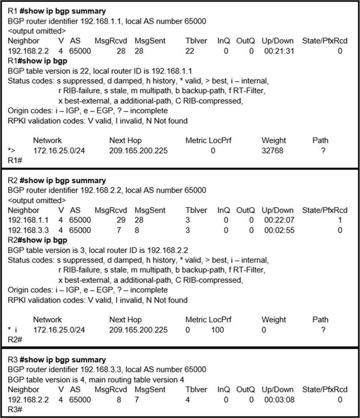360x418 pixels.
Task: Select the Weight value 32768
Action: (x=273, y=151)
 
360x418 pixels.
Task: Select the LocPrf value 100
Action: (x=217, y=330)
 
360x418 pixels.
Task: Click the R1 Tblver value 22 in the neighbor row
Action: (x=190, y=51)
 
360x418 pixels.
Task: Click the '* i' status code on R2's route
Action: (x=13, y=330)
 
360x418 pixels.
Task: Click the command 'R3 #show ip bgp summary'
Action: (x=56, y=360)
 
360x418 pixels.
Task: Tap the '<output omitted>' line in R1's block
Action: (x=37, y=31)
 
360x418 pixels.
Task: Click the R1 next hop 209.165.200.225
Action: (x=138, y=151)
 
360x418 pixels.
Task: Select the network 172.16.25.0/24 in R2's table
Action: (x=59, y=330)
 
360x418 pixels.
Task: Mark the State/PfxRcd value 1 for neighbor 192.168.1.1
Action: (x=339, y=220)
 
